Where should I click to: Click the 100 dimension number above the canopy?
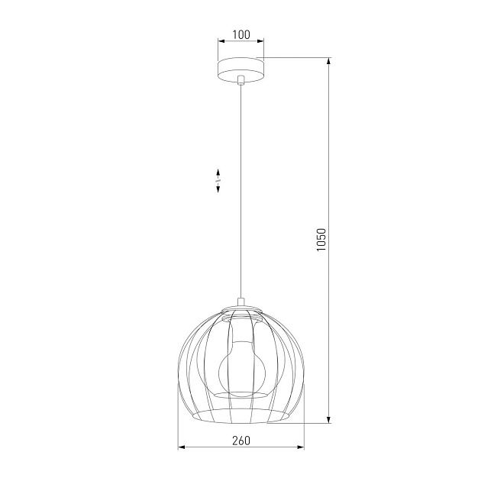tap(241, 34)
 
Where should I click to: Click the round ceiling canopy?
tap(240, 67)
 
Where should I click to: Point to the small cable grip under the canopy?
tap(240, 80)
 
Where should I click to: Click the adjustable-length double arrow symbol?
tap(218, 181)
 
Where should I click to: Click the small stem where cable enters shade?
tap(240, 302)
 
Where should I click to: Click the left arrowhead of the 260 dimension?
tap(181, 447)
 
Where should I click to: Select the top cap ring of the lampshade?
tap(240, 309)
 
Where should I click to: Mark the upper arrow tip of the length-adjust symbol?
tap(218, 170)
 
